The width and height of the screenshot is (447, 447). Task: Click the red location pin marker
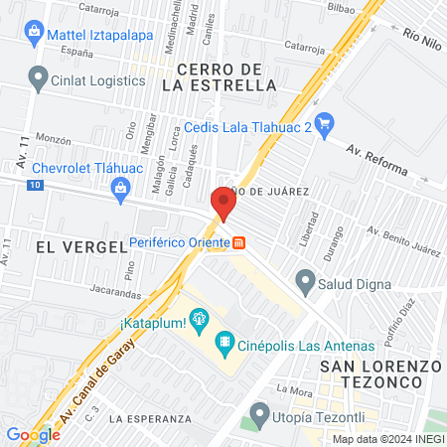point(223,204)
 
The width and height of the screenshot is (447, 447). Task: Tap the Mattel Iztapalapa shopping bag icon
point(34,32)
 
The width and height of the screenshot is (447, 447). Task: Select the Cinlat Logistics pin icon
point(39,76)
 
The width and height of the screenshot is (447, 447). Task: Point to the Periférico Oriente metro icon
point(239,242)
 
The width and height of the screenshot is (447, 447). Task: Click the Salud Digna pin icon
point(305,281)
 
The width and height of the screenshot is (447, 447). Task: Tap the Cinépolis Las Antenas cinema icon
point(225,345)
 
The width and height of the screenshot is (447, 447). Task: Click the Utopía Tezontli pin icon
point(259,411)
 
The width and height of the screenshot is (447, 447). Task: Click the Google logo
point(33,434)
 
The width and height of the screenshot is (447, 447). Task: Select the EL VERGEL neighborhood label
point(67,244)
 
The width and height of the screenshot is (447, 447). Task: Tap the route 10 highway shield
point(35,186)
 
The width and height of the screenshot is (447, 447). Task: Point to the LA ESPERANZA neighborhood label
point(143,418)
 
